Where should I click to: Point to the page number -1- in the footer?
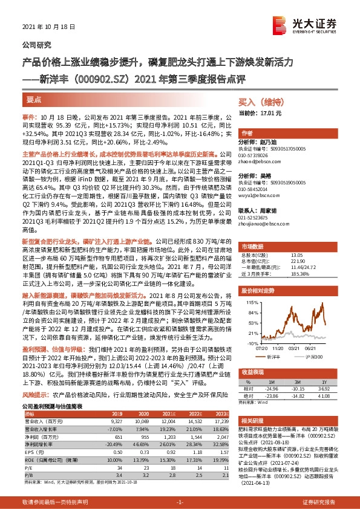click(x=180, y=502)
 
